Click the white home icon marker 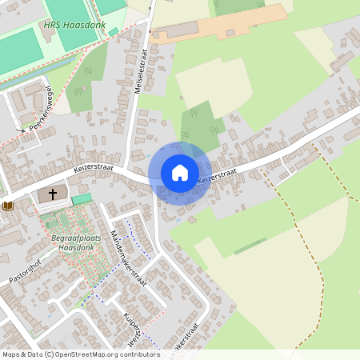tap(180, 172)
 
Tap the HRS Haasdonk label tap(74, 26)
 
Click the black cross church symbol tap(54, 194)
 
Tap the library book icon tap(9, 206)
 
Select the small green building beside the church tap(81, 198)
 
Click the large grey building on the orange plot tap(181, 30)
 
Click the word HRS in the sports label tap(51, 26)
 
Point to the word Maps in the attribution tap(11, 354)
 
